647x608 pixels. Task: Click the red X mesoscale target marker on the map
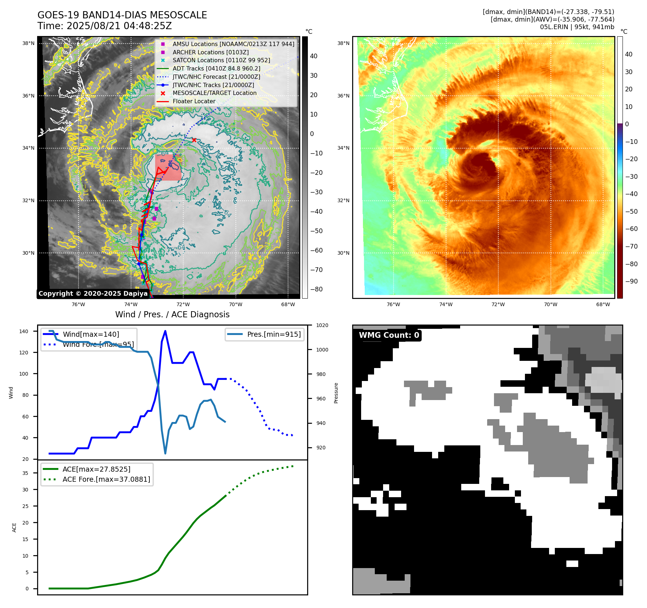(x=194, y=140)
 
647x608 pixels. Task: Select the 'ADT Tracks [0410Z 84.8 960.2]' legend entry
(x=216, y=69)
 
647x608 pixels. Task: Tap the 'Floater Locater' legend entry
(x=194, y=101)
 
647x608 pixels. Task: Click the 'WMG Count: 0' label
(x=389, y=335)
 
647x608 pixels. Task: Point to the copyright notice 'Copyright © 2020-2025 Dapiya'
(x=93, y=294)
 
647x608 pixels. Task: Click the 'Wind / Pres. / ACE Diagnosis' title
(x=172, y=314)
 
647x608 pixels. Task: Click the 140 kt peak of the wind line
(x=165, y=331)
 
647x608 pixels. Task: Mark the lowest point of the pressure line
(x=165, y=453)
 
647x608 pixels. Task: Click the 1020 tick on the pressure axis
(x=322, y=326)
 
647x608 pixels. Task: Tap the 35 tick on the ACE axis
(x=26, y=473)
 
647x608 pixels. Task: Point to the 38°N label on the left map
(x=28, y=44)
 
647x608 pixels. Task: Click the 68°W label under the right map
(x=603, y=305)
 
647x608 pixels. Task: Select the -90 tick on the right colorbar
(x=631, y=281)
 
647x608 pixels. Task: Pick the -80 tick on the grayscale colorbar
(x=316, y=289)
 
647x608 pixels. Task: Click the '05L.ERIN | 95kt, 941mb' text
(x=577, y=27)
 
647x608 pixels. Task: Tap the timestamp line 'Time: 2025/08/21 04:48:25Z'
(x=104, y=26)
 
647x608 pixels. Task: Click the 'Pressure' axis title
(x=336, y=393)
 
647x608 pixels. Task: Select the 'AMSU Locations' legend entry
(x=233, y=44)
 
